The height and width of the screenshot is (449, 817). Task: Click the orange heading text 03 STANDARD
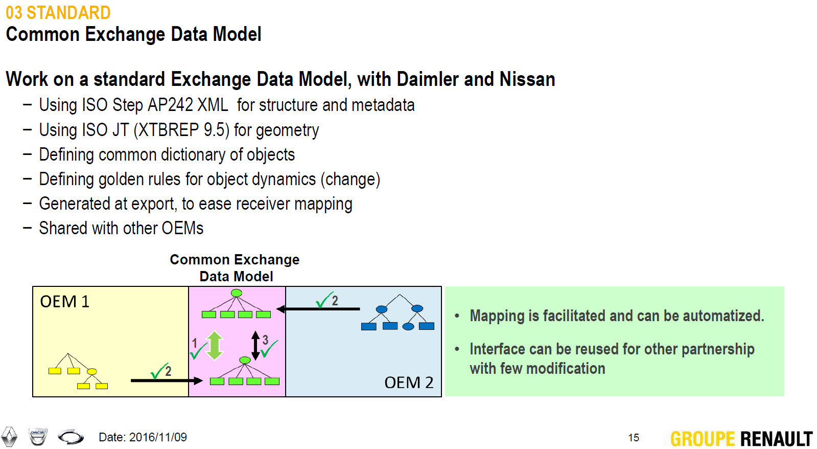(x=58, y=13)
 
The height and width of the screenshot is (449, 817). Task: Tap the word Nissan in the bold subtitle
(x=527, y=79)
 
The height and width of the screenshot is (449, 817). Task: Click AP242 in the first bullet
(x=170, y=105)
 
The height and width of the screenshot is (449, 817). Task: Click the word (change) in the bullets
(x=350, y=179)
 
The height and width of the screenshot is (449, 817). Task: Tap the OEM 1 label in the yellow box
(x=64, y=302)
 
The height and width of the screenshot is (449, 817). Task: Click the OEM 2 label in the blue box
(x=408, y=383)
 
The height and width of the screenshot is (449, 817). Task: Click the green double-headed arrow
(x=215, y=345)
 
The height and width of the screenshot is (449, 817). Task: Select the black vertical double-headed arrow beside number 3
(x=255, y=345)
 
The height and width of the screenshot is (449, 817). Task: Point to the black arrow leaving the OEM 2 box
(x=318, y=309)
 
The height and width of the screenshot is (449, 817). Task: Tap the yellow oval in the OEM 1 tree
(x=92, y=372)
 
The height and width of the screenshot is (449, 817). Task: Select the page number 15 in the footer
(x=634, y=438)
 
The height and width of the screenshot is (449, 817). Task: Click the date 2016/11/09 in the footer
(x=158, y=437)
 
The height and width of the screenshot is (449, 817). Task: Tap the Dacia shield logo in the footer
(x=38, y=436)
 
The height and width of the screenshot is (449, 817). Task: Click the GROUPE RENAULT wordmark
(x=741, y=439)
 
